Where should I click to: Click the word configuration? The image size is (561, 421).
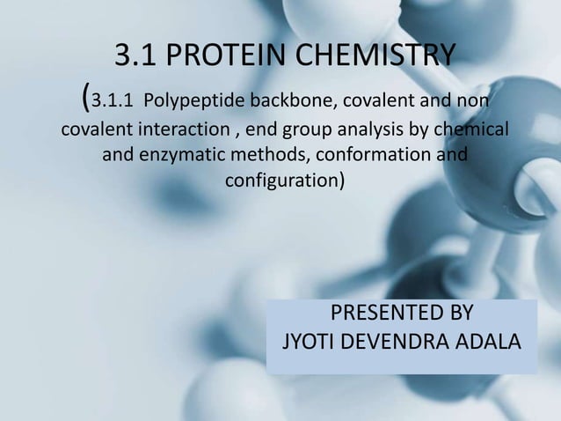(283, 183)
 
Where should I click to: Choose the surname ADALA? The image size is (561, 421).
(484, 342)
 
